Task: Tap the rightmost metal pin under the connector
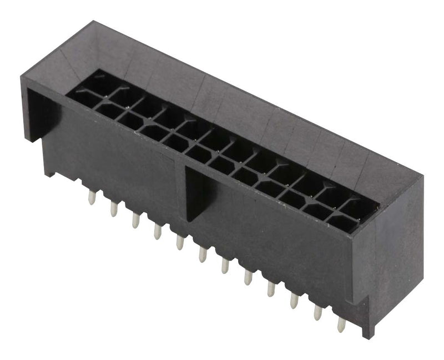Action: tap(341, 324)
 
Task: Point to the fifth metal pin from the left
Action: tap(180, 242)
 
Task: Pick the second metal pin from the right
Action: tap(317, 313)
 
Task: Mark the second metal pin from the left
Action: tap(113, 208)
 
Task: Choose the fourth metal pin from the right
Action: tap(271, 289)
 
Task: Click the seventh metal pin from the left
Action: tap(225, 266)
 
